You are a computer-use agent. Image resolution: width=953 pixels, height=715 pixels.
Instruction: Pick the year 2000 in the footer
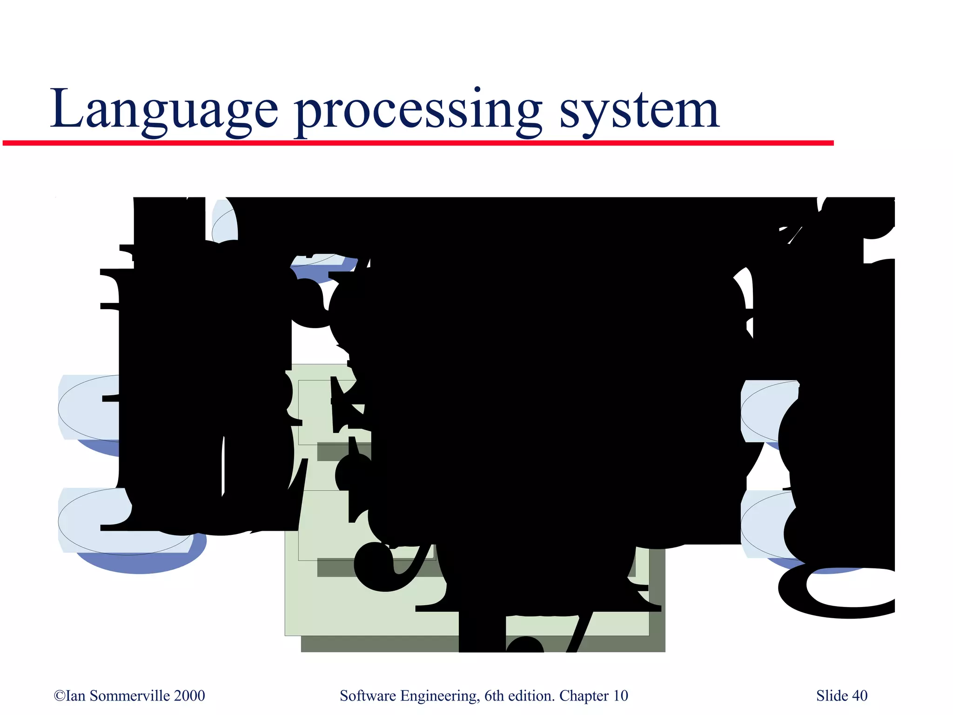click(x=189, y=695)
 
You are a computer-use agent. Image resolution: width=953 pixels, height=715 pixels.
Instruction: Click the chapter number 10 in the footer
click(x=620, y=695)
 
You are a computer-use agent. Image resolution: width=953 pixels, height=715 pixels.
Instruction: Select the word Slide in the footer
click(x=832, y=695)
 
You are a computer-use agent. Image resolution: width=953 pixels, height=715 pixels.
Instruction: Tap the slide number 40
click(x=860, y=695)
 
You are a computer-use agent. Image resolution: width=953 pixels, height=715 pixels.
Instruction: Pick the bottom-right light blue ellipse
click(x=763, y=526)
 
